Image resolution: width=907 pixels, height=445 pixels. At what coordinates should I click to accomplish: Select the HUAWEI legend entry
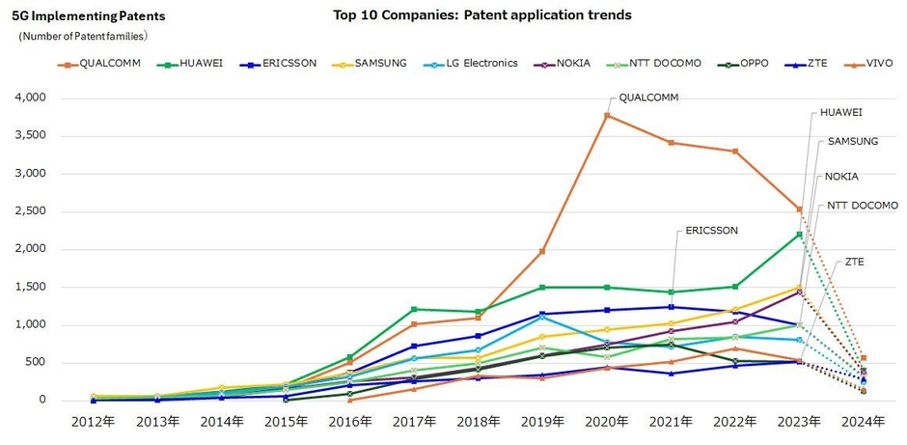[x=195, y=64]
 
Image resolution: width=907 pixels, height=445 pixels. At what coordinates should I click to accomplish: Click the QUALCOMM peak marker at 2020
[x=607, y=115]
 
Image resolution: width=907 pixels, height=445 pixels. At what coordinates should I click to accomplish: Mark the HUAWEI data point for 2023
[x=799, y=235]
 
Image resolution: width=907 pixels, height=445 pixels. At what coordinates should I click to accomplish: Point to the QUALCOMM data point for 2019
[x=542, y=251]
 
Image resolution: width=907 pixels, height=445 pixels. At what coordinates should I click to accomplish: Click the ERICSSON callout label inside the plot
[x=711, y=231]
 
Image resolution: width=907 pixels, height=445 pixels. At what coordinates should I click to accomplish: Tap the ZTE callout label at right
[x=855, y=262]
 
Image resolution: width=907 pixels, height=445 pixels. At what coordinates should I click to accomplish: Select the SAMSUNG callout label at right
[x=852, y=142]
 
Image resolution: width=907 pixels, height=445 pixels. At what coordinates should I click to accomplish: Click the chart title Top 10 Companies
[x=482, y=15]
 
